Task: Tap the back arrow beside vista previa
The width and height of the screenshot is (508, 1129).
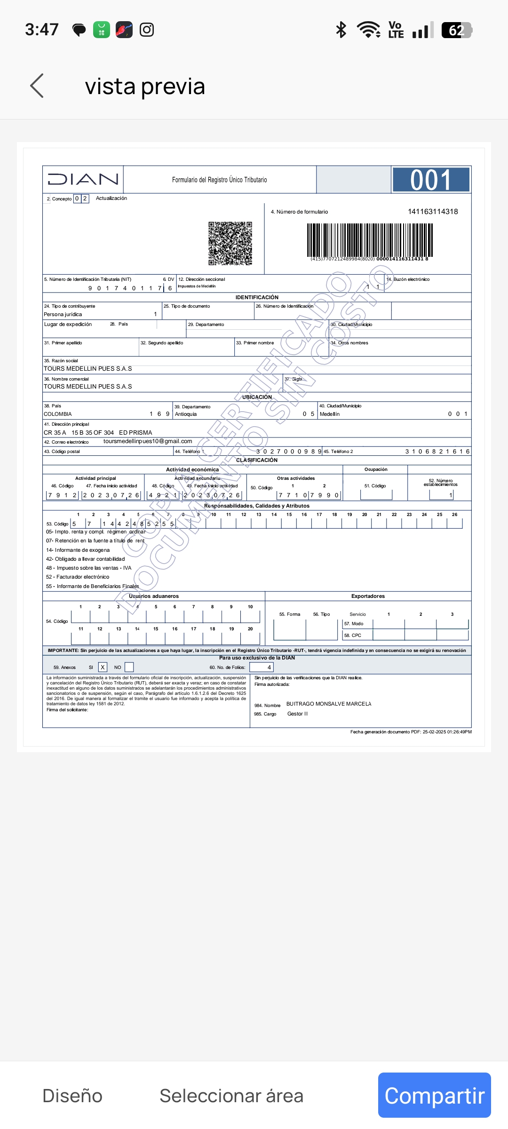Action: click(37, 86)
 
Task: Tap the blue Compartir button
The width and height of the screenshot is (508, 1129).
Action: click(434, 1095)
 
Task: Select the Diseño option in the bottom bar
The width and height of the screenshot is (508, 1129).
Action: click(72, 1096)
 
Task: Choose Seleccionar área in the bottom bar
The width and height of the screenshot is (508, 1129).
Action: click(231, 1096)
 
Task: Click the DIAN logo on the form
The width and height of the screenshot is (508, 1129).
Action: click(83, 179)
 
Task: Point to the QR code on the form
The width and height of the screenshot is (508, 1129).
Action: click(230, 243)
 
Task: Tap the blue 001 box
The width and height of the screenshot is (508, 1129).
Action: click(431, 180)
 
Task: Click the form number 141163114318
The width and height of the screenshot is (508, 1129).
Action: click(433, 212)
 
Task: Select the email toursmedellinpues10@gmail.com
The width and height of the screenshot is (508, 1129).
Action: click(148, 441)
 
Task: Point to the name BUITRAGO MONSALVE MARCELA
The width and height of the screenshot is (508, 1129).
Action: click(329, 704)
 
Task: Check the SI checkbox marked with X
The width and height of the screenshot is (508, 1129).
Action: click(103, 667)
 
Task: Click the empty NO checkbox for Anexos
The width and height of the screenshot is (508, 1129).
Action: click(129, 667)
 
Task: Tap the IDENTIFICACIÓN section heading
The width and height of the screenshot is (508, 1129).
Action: click(257, 297)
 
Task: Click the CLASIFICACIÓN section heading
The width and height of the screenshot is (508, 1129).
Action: click(257, 460)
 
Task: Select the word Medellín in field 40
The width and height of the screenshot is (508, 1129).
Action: click(330, 414)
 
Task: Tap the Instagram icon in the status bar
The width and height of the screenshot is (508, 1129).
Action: click(147, 30)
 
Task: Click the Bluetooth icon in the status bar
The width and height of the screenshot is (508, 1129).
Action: click(341, 30)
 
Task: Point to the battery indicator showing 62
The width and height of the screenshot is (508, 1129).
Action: click(456, 30)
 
